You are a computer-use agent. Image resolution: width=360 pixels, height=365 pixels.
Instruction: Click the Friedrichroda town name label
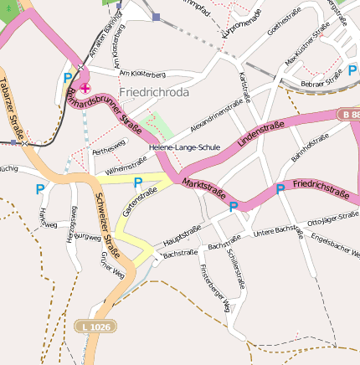tap(155, 92)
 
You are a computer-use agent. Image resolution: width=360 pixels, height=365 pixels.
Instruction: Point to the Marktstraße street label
tap(204, 189)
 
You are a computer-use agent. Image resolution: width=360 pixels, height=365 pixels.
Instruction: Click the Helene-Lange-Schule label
tap(184, 147)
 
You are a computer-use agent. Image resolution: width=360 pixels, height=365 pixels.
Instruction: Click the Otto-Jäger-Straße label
tap(332, 220)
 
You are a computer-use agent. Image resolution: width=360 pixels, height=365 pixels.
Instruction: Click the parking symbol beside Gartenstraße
tap(138, 182)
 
